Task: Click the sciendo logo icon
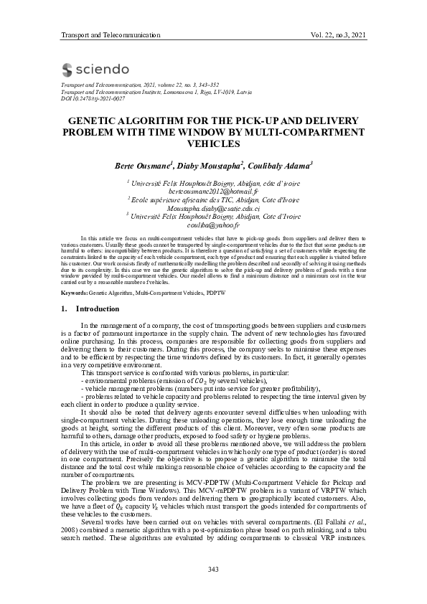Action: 67,70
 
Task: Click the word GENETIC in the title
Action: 91,121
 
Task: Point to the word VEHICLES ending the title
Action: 213,143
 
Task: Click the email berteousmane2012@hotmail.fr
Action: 213,193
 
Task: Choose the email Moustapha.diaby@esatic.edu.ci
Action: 213,209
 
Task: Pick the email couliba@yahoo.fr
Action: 213,225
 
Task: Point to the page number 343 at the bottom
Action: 213,569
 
